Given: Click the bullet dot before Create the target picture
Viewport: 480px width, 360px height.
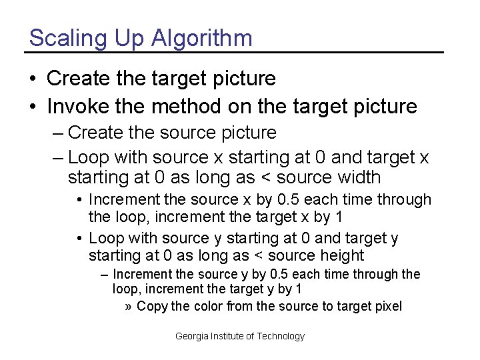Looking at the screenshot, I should [x=33, y=79].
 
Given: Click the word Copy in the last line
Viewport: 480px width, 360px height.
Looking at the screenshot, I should [x=152, y=307].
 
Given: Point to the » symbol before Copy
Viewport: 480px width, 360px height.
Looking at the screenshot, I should [x=129, y=307].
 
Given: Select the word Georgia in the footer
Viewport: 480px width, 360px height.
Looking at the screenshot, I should [x=191, y=337].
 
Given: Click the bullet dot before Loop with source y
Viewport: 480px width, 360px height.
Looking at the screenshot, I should [x=79, y=239].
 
